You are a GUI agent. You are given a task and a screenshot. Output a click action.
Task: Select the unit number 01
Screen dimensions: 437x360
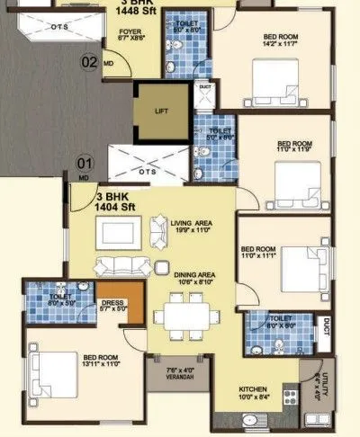84,164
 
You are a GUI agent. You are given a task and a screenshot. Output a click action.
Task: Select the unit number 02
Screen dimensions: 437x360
89,62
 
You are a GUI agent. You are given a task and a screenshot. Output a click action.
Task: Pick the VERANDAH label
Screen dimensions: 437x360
178,374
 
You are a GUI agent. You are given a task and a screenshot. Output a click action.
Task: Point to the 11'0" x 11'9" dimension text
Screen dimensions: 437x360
294,150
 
